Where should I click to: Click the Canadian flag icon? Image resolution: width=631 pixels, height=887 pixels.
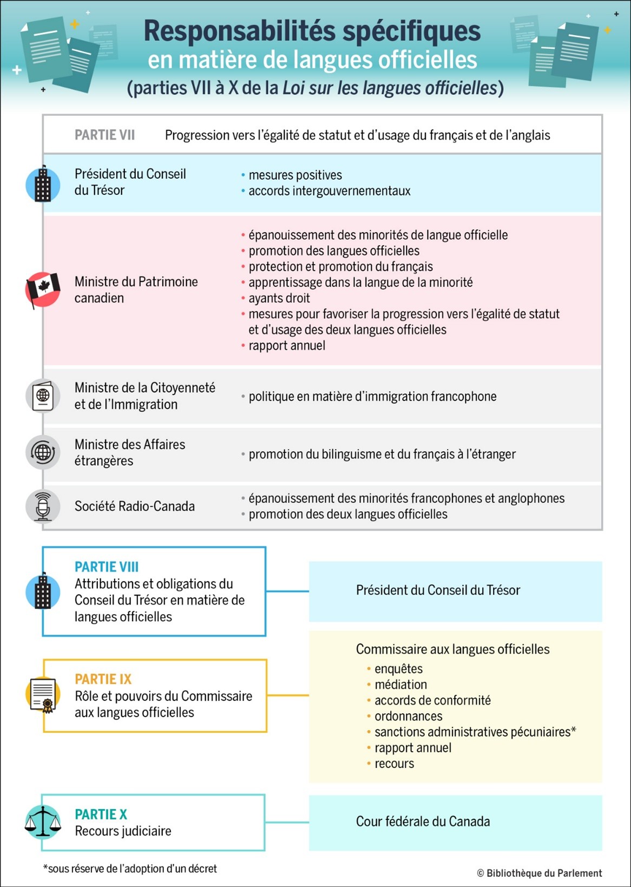pos(43,290)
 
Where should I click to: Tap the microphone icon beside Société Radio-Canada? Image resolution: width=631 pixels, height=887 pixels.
pos(43,506)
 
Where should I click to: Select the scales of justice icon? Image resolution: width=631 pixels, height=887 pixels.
pos(43,821)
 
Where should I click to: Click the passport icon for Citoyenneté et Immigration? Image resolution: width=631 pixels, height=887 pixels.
pos(43,396)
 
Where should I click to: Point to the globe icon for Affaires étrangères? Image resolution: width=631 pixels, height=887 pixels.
pos(43,452)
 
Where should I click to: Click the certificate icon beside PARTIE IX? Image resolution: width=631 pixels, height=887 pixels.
pos(43,695)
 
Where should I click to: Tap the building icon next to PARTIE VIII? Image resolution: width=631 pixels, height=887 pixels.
pos(43,591)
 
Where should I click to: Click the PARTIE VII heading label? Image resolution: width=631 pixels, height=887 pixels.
pos(104,135)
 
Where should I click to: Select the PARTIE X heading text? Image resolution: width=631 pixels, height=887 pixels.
pos(101,814)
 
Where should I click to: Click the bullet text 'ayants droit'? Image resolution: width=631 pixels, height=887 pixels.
pos(279,298)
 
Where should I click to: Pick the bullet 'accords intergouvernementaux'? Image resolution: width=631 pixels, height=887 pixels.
pos(329,191)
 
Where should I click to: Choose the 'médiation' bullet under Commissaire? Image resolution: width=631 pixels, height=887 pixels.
pos(400,684)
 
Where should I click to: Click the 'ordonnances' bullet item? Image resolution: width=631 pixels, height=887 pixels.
pos(408,716)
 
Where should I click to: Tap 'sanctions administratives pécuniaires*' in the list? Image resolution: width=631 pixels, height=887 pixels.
pos(475,732)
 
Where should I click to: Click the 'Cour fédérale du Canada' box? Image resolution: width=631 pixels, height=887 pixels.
pos(455,822)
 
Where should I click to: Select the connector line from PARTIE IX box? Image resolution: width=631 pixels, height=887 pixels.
pos(287,695)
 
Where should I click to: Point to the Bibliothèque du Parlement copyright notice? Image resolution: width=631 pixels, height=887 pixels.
pos(539,873)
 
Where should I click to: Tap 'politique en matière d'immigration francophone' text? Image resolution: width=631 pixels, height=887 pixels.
pos(372,396)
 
